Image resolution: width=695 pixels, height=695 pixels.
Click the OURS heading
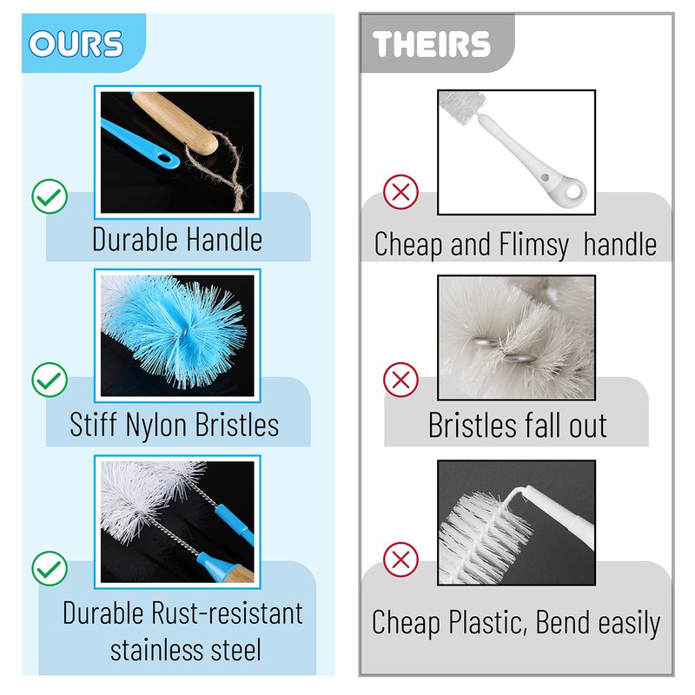tap(76, 44)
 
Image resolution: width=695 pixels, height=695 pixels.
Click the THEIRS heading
tap(431, 44)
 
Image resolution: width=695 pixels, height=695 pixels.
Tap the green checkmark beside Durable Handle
tap(50, 196)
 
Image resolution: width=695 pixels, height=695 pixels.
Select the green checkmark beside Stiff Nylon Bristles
tap(50, 380)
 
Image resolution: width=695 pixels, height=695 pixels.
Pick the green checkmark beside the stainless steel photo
tap(50, 568)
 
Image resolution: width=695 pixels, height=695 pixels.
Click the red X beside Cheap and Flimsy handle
tap(400, 192)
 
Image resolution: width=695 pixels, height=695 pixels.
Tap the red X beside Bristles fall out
tap(400, 380)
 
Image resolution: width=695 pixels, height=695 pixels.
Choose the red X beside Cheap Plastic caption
tap(400, 559)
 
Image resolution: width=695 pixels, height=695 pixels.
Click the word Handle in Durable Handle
tap(224, 240)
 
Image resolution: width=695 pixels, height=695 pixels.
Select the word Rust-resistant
tap(227, 613)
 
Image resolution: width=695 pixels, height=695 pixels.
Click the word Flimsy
tap(533, 245)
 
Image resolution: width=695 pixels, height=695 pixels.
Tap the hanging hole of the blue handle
tap(164, 158)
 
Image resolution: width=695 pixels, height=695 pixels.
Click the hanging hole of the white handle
tap(573, 191)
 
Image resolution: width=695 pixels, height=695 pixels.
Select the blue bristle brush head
tap(177, 330)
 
